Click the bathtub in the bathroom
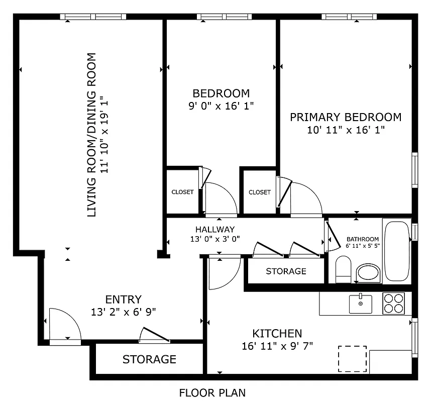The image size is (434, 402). [397, 251]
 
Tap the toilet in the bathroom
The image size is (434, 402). [343, 269]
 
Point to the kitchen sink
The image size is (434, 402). [360, 304]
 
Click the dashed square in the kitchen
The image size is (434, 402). [352, 359]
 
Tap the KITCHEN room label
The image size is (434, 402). [277, 333]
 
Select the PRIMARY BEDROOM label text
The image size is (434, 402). [346, 117]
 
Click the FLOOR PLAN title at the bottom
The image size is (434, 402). [212, 392]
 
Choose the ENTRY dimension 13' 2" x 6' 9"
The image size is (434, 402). [123, 312]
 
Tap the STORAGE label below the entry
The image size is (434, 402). [149, 359]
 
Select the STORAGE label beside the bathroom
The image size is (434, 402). [286, 271]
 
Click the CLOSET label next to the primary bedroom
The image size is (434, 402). [259, 192]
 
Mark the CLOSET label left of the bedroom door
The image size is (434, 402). [182, 192]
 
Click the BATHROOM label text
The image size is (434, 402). [363, 239]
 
